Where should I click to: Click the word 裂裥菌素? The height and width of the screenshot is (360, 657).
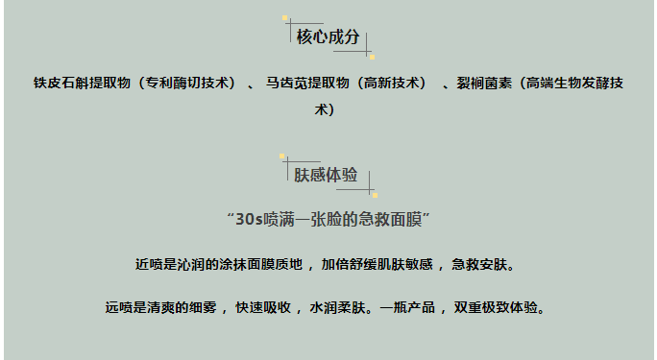tap(484, 84)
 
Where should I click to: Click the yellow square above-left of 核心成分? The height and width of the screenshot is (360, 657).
tap(285, 17)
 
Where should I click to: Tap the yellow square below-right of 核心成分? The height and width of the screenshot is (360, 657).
tap(372, 57)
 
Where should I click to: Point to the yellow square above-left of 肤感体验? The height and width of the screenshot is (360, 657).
tap(282, 156)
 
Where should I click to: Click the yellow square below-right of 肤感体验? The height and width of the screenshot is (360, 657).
tap(374, 195)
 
